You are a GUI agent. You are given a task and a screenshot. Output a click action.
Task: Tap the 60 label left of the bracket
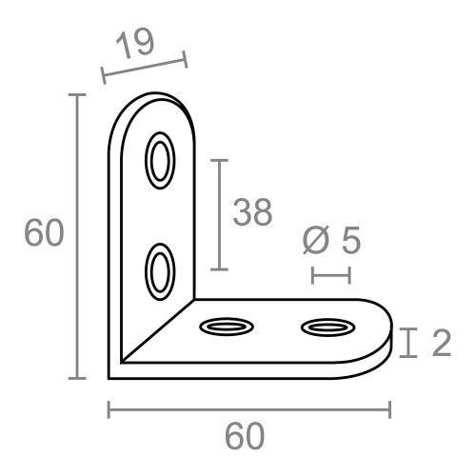click(x=44, y=234)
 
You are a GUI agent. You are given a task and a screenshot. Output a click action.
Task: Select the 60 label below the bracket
click(x=245, y=437)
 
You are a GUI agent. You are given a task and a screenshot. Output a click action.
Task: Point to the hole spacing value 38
click(x=252, y=213)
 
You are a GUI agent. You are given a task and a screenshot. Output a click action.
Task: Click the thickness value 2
click(x=440, y=344)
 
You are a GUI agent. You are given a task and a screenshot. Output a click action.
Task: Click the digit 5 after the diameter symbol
click(x=350, y=242)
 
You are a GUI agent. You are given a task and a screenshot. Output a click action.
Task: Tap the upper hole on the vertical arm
click(x=159, y=159)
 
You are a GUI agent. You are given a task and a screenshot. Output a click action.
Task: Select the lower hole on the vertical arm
click(x=159, y=270)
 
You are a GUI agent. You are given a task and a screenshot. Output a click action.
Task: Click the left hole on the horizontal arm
click(x=228, y=327)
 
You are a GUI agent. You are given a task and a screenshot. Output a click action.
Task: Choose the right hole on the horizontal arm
click(x=327, y=328)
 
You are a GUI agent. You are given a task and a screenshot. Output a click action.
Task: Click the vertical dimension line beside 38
click(x=221, y=215)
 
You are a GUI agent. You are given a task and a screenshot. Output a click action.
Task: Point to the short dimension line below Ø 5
click(x=331, y=275)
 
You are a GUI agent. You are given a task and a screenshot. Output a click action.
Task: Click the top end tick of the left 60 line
click(x=76, y=96)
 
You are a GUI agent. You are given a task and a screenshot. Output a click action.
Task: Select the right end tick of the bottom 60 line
click(x=389, y=409)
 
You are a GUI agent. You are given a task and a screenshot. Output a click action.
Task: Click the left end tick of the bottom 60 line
click(x=109, y=409)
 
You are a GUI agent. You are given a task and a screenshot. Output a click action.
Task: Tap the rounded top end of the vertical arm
click(x=157, y=101)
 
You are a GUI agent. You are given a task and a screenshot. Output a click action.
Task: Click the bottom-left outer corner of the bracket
click(x=111, y=377)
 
